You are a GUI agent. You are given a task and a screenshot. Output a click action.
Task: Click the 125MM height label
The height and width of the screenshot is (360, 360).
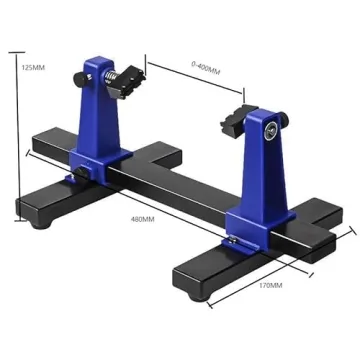click(31, 69)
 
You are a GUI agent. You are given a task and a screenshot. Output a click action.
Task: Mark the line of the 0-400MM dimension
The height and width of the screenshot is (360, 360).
click(195, 80)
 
